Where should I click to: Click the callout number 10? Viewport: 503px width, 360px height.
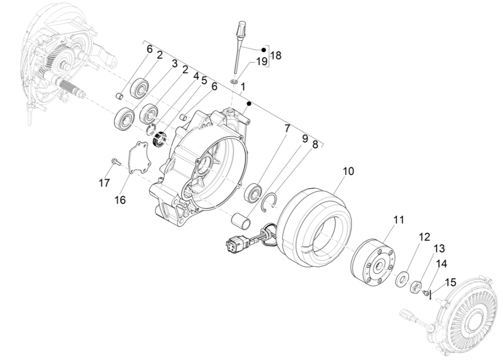point(347,171)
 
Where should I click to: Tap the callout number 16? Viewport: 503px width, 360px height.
point(120,200)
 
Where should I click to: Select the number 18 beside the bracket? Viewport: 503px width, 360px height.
point(276,56)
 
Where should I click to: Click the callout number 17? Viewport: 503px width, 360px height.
point(104,182)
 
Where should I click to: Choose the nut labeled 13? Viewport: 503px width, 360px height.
point(415,288)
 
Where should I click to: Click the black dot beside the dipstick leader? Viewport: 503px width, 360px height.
point(263,50)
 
